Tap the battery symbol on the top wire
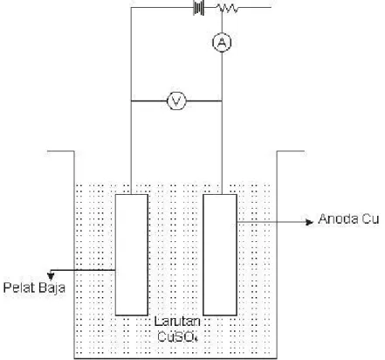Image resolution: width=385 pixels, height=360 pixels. [199, 7]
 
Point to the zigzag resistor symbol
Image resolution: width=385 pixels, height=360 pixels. [228, 8]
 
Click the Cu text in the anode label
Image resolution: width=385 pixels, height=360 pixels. [369, 218]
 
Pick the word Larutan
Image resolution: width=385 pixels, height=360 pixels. [177, 322]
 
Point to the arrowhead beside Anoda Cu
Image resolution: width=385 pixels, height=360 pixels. [310, 222]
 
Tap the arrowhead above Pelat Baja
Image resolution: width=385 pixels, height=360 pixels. [51, 274]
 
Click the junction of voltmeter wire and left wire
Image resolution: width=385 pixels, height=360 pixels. [131, 101]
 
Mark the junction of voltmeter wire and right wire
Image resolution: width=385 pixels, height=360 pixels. [222, 101]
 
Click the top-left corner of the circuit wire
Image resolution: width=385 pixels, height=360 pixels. [131, 8]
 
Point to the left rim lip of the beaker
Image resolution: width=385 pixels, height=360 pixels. [61, 151]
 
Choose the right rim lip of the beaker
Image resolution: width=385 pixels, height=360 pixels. [291, 151]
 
